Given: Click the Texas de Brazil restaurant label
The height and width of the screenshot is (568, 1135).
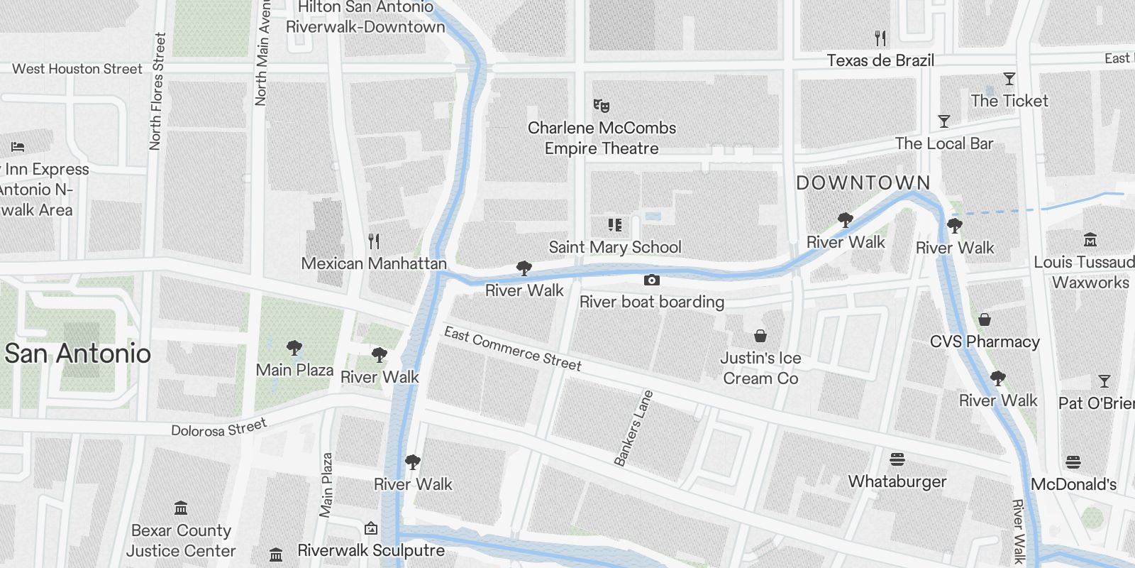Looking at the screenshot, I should click(x=880, y=60).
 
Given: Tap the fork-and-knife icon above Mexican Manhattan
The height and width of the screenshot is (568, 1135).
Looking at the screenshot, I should click(x=374, y=241).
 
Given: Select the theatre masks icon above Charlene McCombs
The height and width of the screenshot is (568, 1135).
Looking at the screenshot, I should click(x=602, y=106).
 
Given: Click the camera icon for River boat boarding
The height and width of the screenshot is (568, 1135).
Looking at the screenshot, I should click(x=651, y=280).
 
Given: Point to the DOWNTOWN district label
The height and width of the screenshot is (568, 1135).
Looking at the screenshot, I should click(x=863, y=183).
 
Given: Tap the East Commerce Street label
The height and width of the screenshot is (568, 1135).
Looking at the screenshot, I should click(x=512, y=349).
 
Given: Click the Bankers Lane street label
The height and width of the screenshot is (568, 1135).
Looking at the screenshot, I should click(x=633, y=427).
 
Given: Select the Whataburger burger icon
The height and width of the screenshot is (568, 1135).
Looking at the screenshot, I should click(x=897, y=459).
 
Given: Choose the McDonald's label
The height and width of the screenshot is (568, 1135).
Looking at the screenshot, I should click(x=1073, y=484).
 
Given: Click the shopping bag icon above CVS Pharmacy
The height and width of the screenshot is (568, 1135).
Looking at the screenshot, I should click(x=985, y=319).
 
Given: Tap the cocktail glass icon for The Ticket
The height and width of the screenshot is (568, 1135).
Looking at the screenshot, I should click(x=1009, y=79).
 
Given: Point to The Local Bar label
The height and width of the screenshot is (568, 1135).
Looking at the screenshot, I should click(x=943, y=143).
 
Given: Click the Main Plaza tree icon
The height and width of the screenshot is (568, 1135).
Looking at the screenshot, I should click(x=294, y=348).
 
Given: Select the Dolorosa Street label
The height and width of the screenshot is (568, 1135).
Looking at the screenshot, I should click(x=218, y=428).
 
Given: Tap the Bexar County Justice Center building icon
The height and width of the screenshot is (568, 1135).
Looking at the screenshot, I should click(x=181, y=508).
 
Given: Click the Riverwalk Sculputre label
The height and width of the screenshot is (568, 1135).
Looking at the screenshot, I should click(x=371, y=550).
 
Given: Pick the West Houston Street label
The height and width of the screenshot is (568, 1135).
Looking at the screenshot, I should click(x=77, y=69).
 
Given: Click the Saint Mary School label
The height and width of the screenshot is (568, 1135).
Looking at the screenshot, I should click(x=615, y=247).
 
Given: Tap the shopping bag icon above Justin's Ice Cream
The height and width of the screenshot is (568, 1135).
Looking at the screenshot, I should click(x=760, y=336).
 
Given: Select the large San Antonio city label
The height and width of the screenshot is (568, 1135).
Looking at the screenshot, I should click(x=78, y=354).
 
